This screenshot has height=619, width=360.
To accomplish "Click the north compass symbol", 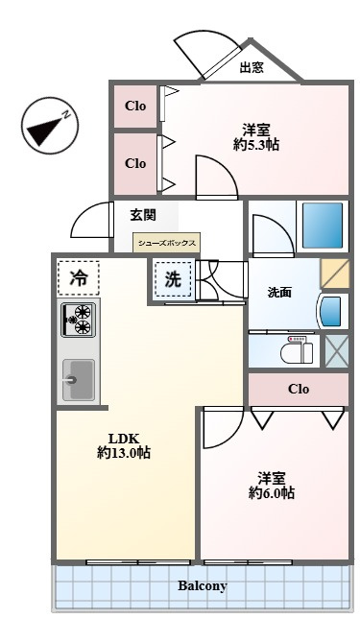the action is [50, 126].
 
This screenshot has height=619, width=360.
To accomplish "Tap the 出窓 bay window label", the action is [252, 67].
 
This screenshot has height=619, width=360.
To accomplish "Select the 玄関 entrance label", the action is [143, 215].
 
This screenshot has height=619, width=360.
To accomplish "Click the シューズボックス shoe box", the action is [167, 243].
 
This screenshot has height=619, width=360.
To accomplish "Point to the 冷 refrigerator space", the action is [78, 278].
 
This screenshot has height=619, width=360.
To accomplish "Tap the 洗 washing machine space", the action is [173, 279].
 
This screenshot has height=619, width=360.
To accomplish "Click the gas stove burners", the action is [78, 320].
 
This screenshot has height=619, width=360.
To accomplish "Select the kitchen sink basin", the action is [79, 380].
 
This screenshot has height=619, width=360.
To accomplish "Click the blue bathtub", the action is [323, 226].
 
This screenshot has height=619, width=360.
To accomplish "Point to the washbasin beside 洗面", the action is [330, 312].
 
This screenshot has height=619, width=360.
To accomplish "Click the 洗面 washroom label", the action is [280, 293].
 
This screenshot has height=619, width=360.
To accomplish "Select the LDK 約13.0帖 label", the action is [124, 446].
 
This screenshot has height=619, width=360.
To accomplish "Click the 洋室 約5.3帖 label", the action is [256, 137].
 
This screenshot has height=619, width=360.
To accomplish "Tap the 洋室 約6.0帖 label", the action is [272, 486].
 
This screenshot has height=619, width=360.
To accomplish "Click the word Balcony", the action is [203, 585].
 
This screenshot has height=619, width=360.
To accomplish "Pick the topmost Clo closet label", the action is [135, 106].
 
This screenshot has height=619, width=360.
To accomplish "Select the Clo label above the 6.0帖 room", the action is [299, 390].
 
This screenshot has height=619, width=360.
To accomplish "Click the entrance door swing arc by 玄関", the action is [90, 220].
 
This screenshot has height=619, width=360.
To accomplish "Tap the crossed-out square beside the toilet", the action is [337, 351].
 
